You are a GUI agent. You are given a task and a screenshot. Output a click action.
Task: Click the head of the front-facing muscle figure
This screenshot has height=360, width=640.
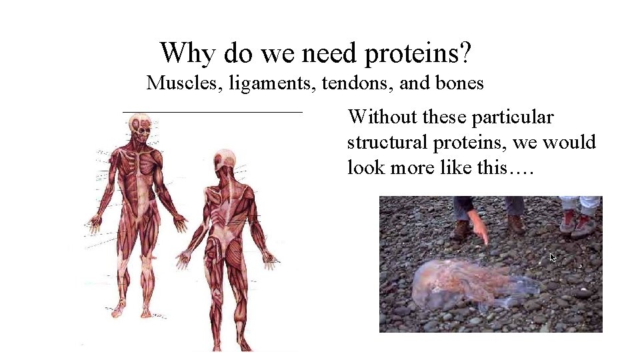(x=141, y=127)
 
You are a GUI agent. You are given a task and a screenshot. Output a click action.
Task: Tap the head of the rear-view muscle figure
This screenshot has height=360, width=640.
(x=225, y=161)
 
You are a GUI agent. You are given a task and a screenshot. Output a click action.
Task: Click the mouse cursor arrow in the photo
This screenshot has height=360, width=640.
(x=552, y=257)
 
